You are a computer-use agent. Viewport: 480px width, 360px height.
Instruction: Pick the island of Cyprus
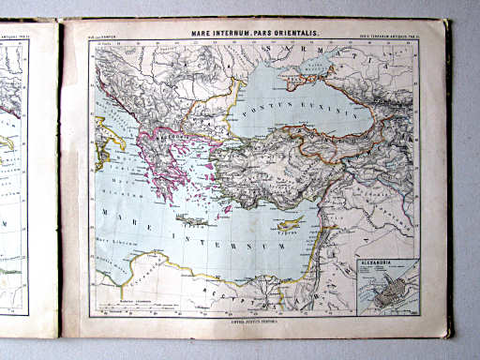[x=293, y=227]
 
